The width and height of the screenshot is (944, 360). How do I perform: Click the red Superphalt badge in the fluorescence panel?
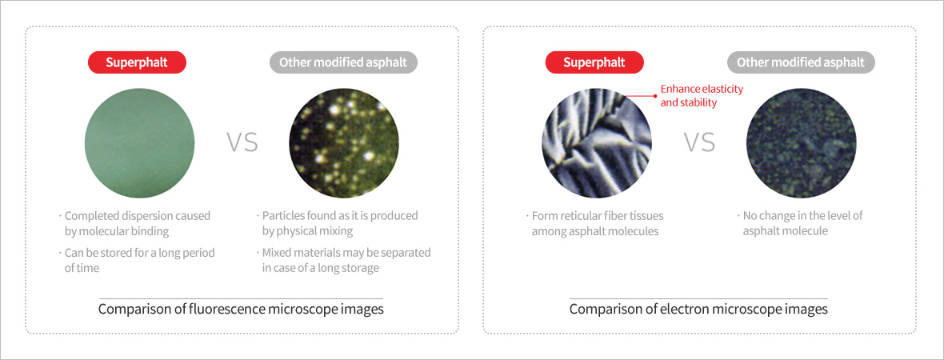coord(138,62)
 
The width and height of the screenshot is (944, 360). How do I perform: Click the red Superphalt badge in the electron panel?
coord(594,62)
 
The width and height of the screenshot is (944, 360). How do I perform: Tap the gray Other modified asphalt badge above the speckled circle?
coord(343,62)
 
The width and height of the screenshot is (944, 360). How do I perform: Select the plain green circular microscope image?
coord(140,142)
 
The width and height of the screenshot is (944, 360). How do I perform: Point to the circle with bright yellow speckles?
coord(344,142)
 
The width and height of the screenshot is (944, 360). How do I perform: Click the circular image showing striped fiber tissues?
coord(597,142)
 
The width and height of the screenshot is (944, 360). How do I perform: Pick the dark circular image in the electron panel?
coord(801,142)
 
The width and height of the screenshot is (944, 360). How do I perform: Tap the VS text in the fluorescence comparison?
coord(242,142)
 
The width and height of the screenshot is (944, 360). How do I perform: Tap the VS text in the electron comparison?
coord(699,142)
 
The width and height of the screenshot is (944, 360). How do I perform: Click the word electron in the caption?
coord(662,310)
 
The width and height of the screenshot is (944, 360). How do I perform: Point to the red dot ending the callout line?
coord(655,95)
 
